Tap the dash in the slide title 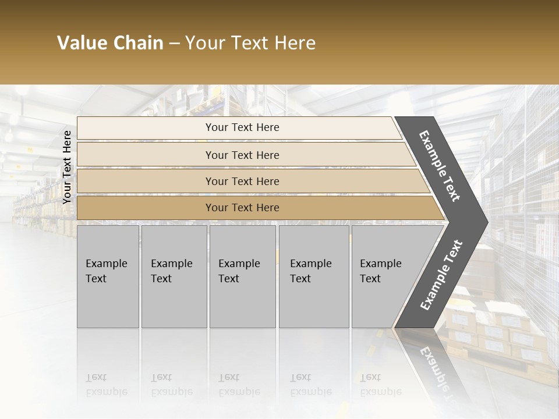point(174,44)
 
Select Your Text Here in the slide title point(250,43)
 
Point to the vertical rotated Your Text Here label point(67,167)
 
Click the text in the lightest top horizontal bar point(242,127)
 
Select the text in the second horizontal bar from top point(242,155)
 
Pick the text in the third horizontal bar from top point(242,182)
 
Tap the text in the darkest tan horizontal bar point(242,208)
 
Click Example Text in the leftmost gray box point(106,271)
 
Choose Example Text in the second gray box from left point(171,271)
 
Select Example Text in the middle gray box point(239,271)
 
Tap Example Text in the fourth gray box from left point(310,271)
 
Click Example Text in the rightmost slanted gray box point(380,271)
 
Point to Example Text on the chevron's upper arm point(440,166)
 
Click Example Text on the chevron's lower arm point(441,275)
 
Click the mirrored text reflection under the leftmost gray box point(106,385)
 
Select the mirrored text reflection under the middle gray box point(239,385)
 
